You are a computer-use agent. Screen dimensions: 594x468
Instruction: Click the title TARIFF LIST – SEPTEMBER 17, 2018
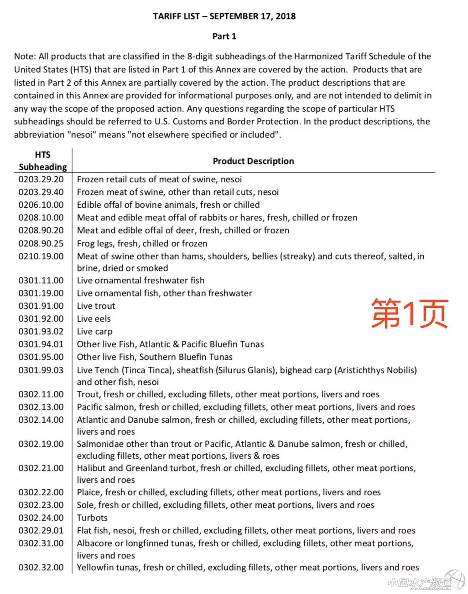click(224, 16)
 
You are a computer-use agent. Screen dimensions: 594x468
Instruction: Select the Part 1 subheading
click(224, 36)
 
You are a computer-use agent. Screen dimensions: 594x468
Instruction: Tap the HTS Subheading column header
click(42, 161)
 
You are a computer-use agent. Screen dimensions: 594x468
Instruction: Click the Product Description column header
click(253, 161)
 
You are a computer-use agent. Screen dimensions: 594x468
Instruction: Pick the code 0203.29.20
click(41, 179)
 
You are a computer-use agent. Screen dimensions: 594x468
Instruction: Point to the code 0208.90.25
click(41, 243)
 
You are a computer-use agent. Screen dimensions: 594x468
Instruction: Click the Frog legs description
click(142, 243)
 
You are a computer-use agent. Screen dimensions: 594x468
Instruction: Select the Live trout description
click(96, 306)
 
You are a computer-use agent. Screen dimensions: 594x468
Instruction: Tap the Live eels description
click(94, 319)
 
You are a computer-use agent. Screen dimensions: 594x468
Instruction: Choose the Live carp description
click(94, 332)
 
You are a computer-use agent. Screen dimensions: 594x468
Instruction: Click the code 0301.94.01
click(41, 344)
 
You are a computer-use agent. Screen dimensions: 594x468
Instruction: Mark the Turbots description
click(92, 518)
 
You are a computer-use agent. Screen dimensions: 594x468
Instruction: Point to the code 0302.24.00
click(41, 518)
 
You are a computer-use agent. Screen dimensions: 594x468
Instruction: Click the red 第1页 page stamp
click(409, 314)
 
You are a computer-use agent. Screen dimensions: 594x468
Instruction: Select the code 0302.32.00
click(41, 568)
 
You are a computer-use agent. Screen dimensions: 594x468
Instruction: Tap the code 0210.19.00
click(41, 256)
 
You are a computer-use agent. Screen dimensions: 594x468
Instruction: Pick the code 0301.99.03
click(41, 370)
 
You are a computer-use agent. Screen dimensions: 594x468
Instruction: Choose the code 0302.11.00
click(41, 394)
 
